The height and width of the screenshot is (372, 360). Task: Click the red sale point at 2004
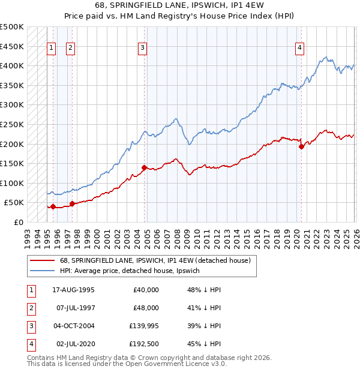pyautogui.click(x=145, y=168)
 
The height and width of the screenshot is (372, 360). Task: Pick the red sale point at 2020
pyautogui.click(x=301, y=147)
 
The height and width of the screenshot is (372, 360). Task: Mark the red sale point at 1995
pyautogui.click(x=53, y=207)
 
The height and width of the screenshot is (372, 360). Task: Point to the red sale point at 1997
pyautogui.click(x=72, y=204)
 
